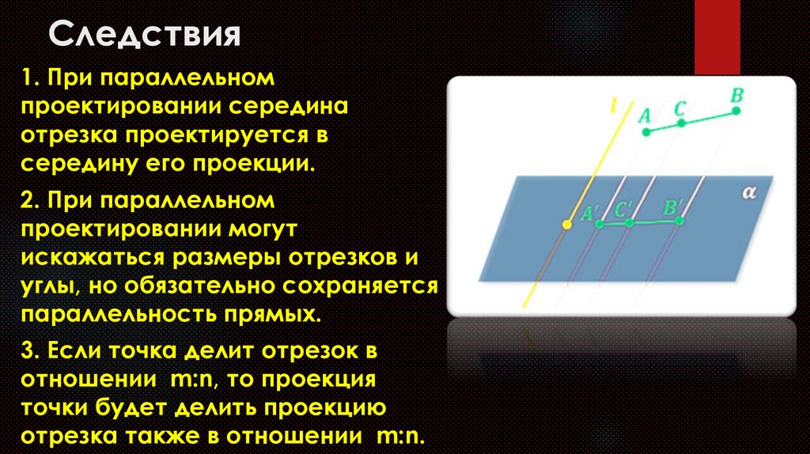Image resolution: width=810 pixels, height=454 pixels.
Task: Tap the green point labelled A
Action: (645, 132)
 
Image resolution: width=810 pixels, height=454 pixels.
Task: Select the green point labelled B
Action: (736, 111)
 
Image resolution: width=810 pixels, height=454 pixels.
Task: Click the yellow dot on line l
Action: (566, 225)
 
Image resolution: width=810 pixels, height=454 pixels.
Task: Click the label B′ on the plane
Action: (674, 209)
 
